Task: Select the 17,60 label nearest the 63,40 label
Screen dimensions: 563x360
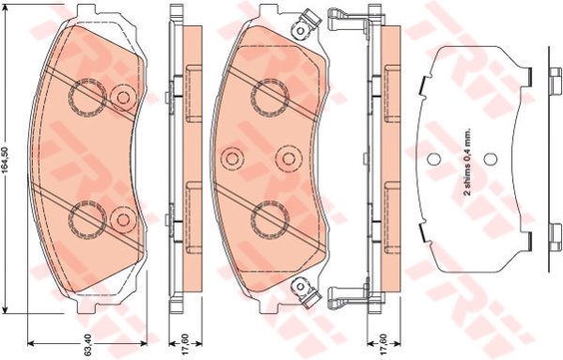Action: (x=185, y=345)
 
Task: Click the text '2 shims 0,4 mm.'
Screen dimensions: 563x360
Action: (x=467, y=162)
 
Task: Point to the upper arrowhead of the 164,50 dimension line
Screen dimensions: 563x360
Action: (x=6, y=8)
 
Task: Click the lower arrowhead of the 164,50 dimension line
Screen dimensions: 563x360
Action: (x=6, y=308)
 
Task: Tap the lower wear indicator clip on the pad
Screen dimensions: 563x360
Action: (x=305, y=290)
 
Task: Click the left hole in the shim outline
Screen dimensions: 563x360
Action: (x=433, y=158)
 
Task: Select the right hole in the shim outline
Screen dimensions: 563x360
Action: (x=490, y=158)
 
